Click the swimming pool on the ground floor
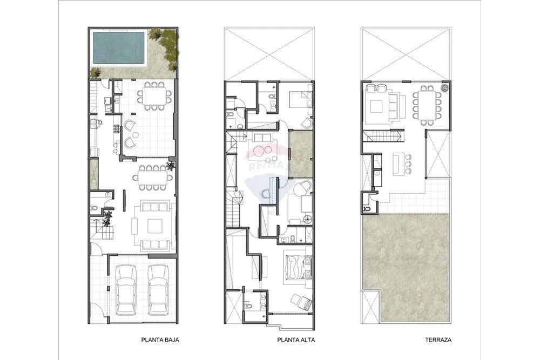tap(118, 47)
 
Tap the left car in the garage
tap(126, 290)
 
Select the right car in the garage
tap(158, 290)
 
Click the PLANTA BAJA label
tap(160, 339)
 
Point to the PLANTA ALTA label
tap(296, 339)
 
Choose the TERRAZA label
tap(438, 339)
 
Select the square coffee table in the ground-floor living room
tap(154, 226)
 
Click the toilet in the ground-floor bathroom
tap(94, 208)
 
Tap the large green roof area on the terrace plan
tap(407, 268)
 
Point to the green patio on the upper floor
tap(301, 153)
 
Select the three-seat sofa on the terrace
tap(393, 106)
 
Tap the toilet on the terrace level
tap(366, 209)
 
